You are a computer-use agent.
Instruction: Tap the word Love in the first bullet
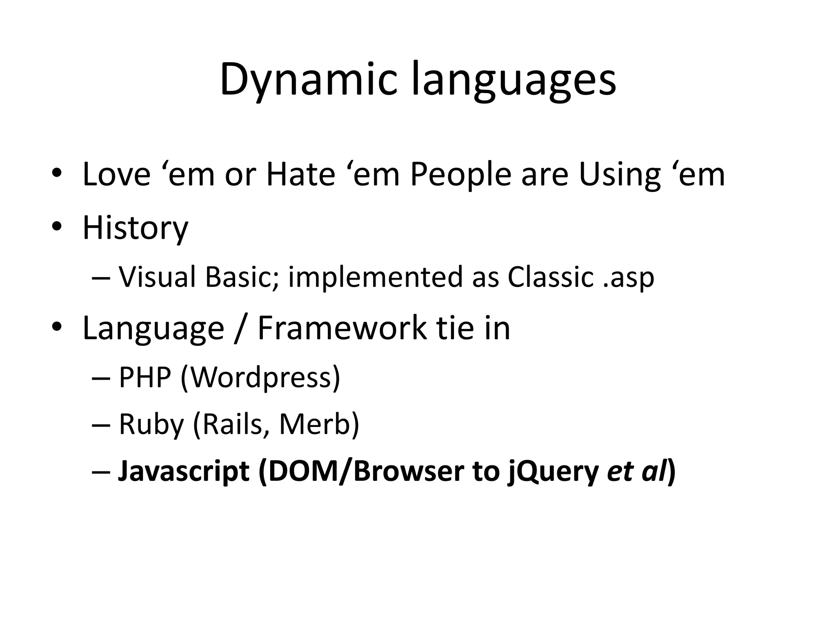116,175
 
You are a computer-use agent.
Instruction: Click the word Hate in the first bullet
300,175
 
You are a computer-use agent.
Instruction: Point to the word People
460,175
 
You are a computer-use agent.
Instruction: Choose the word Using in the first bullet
619,175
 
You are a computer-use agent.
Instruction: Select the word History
135,228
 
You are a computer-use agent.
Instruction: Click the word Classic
550,277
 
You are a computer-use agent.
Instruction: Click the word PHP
145,377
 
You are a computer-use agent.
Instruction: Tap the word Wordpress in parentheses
260,377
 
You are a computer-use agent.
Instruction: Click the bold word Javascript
183,471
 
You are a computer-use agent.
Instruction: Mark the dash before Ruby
101,425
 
